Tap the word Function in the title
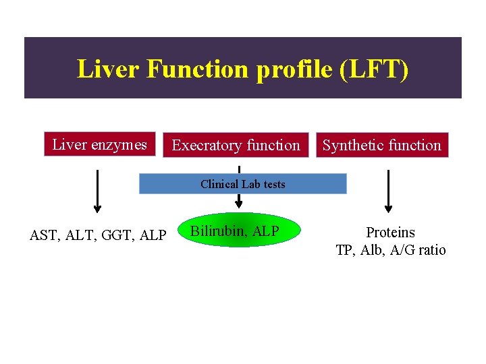click(x=197, y=69)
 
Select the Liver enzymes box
click(x=100, y=144)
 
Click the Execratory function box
click(x=236, y=145)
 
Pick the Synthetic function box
click(x=382, y=145)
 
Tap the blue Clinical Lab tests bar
click(x=242, y=184)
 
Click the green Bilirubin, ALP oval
click(x=235, y=231)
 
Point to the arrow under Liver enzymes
click(x=98, y=191)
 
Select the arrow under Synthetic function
click(x=389, y=191)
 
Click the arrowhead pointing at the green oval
click(x=238, y=204)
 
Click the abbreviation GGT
click(x=113, y=235)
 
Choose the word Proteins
click(x=390, y=233)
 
